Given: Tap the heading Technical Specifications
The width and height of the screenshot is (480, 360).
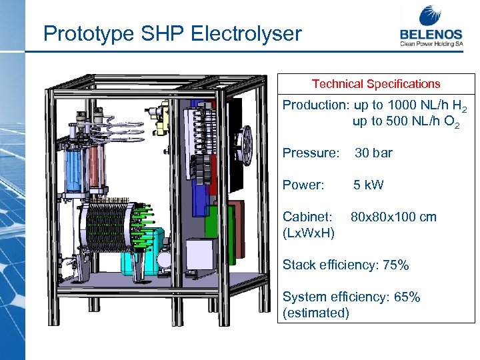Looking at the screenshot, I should [x=376, y=84].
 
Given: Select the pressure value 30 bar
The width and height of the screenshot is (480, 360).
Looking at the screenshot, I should [x=373, y=153].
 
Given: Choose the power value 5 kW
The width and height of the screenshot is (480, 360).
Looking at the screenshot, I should [x=369, y=185].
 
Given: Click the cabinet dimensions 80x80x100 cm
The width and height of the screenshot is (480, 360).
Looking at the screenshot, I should [x=393, y=217].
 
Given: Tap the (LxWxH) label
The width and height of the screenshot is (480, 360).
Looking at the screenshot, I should [x=309, y=233].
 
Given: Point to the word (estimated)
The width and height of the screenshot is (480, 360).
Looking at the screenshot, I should [x=315, y=313].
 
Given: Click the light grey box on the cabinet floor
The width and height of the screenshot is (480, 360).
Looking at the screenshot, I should [x=200, y=256].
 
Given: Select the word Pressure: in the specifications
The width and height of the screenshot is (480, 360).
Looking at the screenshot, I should [x=311, y=153].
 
